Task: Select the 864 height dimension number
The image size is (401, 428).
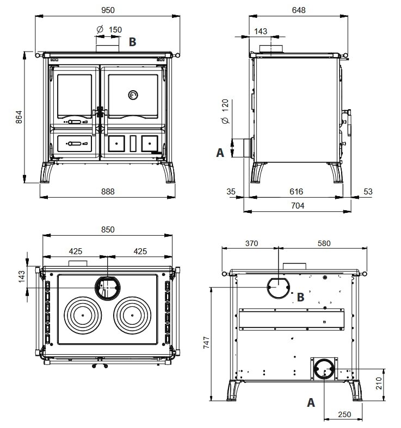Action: click(x=18, y=117)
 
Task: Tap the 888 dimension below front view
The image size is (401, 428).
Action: click(x=108, y=191)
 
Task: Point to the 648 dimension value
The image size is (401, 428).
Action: click(x=299, y=10)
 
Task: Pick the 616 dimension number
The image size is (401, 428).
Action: click(x=296, y=191)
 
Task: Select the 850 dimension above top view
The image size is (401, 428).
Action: click(x=108, y=229)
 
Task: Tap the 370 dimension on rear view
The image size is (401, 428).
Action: click(x=251, y=243)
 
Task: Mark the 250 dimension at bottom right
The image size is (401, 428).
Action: click(x=344, y=414)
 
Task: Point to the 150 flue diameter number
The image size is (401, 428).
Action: click(x=115, y=29)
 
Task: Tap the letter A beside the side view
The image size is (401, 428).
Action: click(x=220, y=153)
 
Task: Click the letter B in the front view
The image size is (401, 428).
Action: click(x=132, y=42)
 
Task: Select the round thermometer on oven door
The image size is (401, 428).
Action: click(x=133, y=96)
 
